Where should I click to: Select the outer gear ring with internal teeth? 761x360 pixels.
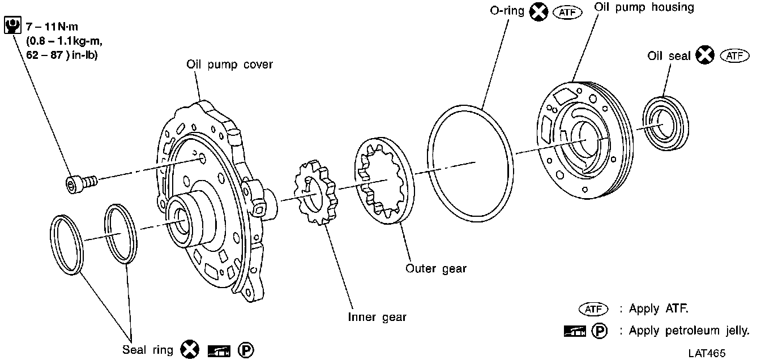pos(383,180)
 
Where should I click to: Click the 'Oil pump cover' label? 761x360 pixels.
pos(229,65)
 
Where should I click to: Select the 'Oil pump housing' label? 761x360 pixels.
pos(644,7)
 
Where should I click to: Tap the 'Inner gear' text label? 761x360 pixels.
pos(377,317)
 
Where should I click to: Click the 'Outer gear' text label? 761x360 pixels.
pos(436,268)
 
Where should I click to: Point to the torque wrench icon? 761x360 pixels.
pos(11,26)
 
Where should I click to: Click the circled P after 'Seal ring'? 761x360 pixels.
pos(246,350)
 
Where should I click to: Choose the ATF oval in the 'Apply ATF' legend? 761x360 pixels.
pos(592,310)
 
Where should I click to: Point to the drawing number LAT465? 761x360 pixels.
pos(707,353)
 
